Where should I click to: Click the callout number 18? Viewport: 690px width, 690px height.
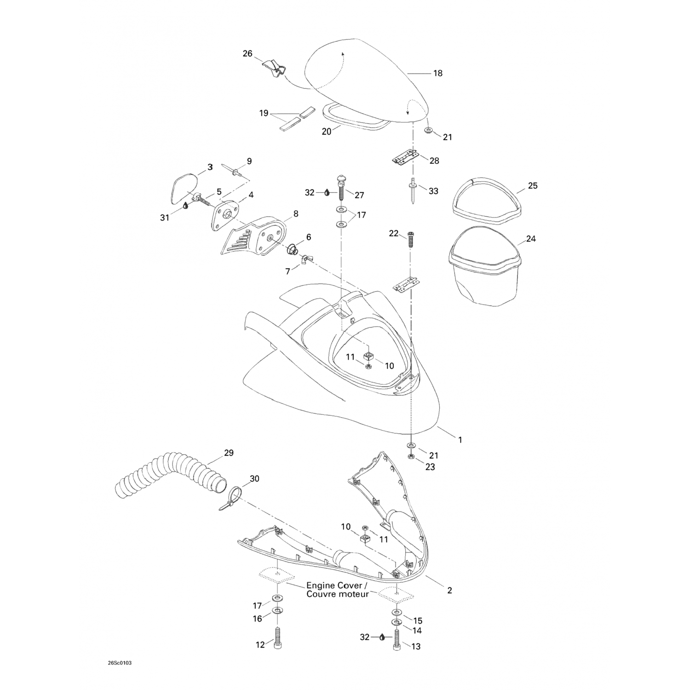tap(437, 73)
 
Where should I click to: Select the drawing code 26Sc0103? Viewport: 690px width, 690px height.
tap(114, 663)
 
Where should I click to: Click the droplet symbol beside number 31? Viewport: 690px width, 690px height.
tap(185, 205)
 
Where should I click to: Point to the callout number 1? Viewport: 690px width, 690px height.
tap(460, 440)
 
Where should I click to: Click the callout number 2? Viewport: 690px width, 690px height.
tap(449, 590)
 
